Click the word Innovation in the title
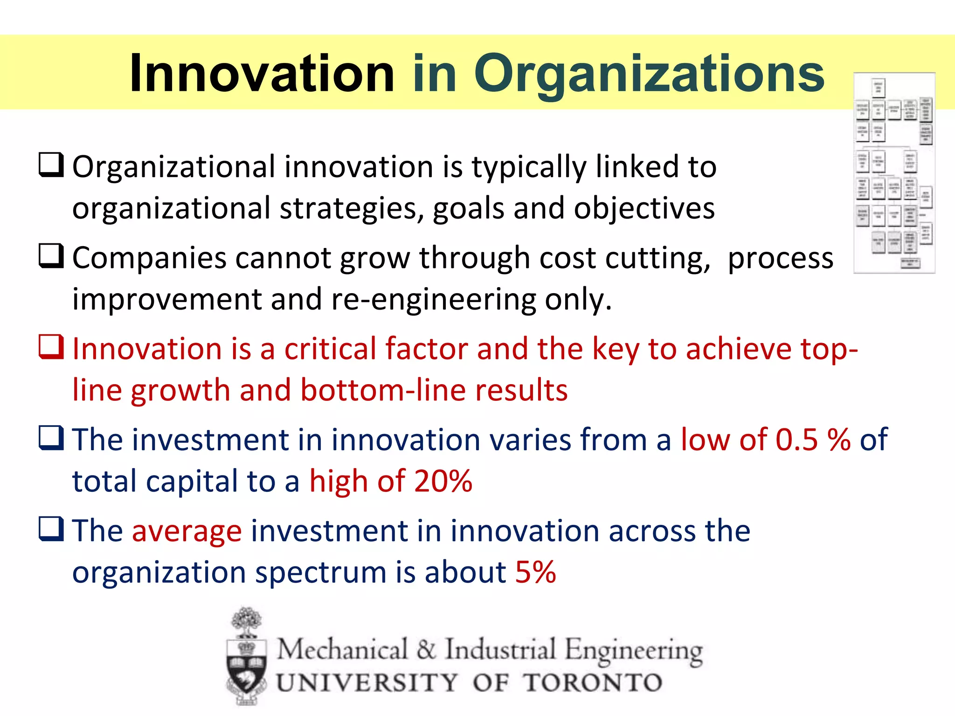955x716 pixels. coord(262,74)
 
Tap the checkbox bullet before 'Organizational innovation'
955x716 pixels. coord(51,165)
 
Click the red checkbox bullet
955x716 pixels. coord(51,347)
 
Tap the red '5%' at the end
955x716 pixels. coord(535,571)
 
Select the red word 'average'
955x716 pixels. coord(187,531)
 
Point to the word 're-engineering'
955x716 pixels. coord(434,299)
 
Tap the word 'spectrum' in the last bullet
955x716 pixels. coord(321,572)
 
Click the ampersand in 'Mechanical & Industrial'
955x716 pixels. coord(426,650)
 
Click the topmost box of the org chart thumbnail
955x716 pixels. coord(879,87)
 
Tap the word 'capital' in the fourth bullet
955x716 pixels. coord(192,482)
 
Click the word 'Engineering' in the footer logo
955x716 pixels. coord(634,651)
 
